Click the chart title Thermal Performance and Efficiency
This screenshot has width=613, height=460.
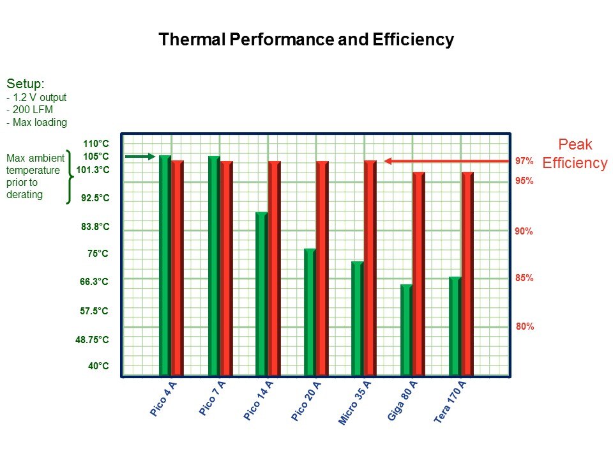(306, 40)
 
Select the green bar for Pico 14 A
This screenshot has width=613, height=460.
(262, 293)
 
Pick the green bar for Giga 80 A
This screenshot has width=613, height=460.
(406, 330)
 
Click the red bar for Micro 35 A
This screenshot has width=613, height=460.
(370, 268)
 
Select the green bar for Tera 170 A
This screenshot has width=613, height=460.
(455, 326)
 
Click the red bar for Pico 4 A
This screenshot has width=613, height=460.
(177, 268)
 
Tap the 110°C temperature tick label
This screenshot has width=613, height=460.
(96, 144)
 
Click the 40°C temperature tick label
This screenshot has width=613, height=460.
(98, 366)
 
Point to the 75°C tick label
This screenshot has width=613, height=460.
(98, 254)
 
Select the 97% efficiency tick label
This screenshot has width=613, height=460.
(524, 161)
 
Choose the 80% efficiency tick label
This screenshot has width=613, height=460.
(524, 326)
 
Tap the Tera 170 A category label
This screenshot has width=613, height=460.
(450, 402)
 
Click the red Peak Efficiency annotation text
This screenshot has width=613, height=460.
(574, 154)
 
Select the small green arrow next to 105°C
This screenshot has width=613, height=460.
(139, 156)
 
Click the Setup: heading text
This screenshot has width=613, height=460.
(26, 84)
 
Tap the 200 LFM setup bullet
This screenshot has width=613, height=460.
(31, 110)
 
